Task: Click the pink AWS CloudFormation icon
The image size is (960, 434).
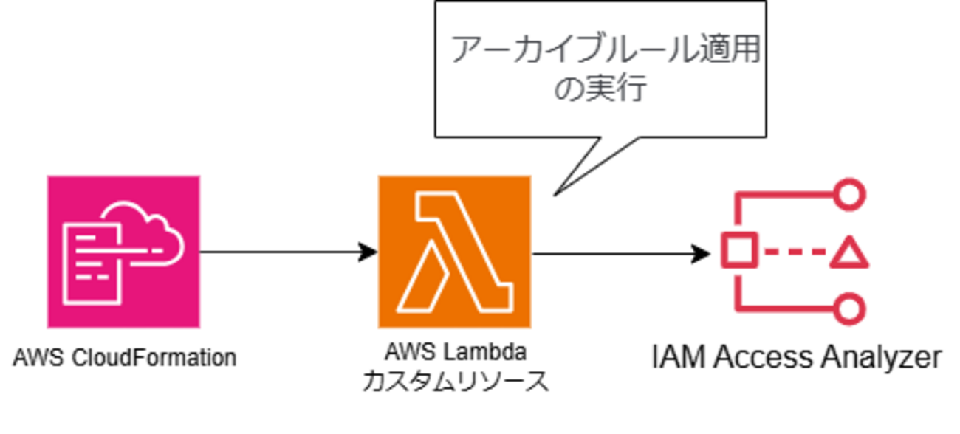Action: pos(123,252)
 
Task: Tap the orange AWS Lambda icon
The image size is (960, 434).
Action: pos(455,252)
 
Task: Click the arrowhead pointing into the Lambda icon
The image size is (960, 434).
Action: pos(368,252)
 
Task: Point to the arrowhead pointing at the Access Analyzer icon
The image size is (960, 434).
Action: pos(701,254)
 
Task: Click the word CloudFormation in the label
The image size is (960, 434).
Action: pos(154,358)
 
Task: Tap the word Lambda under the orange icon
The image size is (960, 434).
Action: pos(484,353)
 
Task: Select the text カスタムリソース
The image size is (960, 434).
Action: pos(456,381)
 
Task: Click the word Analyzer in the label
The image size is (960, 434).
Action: pos(881,358)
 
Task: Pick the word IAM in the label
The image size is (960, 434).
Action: pos(679,357)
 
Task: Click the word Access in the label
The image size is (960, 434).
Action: pos(763,357)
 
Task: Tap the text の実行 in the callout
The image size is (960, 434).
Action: pos(600,88)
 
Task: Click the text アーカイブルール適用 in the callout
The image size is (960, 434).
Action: pos(606,49)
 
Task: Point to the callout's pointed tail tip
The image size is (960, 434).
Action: pos(555,196)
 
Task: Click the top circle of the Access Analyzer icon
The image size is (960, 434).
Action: pos(850,195)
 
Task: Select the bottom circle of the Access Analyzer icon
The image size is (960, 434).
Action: pos(850,309)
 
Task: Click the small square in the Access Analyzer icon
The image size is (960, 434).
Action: pos(739,251)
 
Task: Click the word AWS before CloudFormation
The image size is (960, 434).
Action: pos(38,358)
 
